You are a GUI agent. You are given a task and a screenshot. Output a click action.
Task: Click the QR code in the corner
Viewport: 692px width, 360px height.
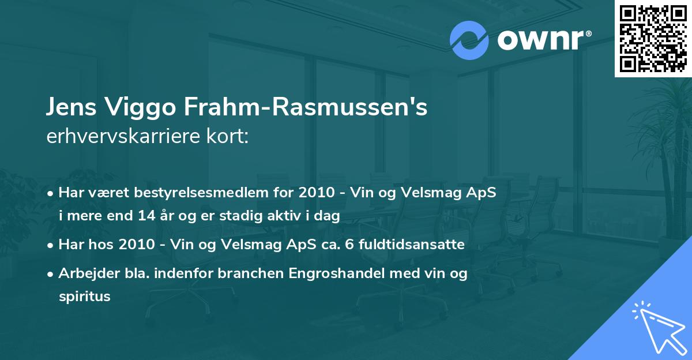coord(653,38)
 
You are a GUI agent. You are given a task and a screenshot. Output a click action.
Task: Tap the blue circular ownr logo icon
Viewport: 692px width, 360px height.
coord(469,40)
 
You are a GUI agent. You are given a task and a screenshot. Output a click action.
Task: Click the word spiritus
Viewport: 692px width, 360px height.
coord(84,297)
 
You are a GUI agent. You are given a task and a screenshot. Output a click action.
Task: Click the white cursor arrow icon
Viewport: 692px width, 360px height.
coord(657,325)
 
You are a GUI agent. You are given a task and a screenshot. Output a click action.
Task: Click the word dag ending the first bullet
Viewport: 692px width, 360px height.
coord(329,216)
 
